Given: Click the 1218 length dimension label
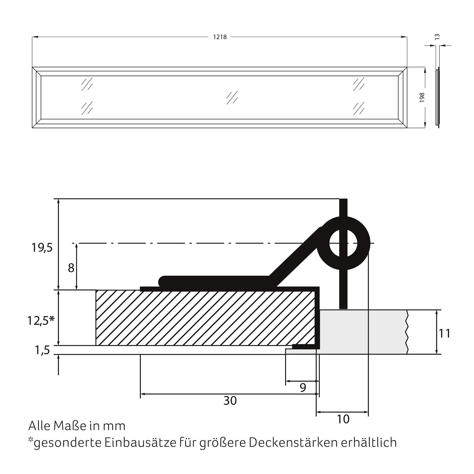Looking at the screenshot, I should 220,37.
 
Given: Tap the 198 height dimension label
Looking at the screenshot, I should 422,97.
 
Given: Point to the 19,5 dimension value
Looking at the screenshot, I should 42,248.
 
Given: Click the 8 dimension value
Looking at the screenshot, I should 71,268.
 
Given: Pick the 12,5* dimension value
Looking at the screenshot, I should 41,321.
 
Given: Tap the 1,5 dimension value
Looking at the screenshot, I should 42,350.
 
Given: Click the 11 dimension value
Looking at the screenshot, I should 445,334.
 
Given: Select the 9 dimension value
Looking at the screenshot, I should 303,387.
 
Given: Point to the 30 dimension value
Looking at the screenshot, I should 230,401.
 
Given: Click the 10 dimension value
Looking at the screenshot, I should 343,419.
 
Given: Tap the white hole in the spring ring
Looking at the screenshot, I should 343,243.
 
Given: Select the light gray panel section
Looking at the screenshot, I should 361,332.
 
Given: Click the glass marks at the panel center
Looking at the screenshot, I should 232,97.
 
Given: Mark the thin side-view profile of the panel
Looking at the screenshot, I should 437,97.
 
